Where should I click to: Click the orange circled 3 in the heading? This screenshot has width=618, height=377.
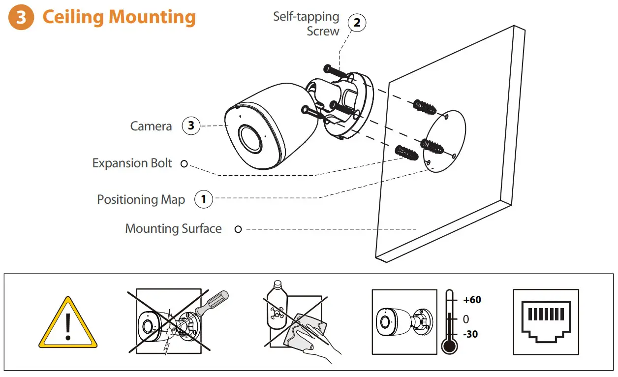click(21, 17)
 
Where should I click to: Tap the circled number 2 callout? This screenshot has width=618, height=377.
click(357, 23)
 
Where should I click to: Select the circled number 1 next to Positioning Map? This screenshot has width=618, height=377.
click(204, 199)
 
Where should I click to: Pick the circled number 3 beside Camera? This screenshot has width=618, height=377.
click(191, 126)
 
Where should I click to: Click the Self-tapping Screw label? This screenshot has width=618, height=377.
click(307, 24)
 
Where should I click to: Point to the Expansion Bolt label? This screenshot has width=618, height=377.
click(132, 163)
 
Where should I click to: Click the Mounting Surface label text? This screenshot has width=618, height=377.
click(173, 228)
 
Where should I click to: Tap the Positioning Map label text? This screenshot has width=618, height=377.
click(141, 199)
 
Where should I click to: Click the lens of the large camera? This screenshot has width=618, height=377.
click(250, 137)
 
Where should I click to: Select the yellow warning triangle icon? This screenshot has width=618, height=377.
click(68, 323)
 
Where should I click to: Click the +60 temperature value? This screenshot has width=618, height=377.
click(472, 300)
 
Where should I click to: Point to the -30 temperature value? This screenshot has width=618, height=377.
click(470, 334)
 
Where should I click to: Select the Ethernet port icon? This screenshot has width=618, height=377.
click(546, 321)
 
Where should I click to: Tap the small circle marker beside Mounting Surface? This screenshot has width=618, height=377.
click(238, 229)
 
